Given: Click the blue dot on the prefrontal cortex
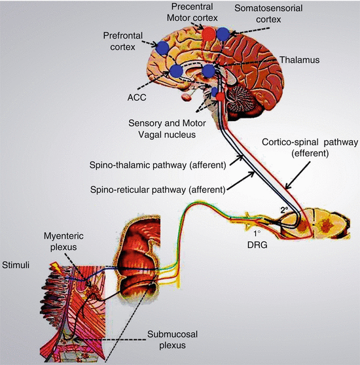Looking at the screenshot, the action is pos(162,48).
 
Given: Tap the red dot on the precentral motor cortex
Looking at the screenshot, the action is pos(208,34).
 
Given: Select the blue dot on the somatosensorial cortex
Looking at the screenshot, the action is pos(223,34).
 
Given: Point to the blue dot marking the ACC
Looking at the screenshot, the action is pos(176,71).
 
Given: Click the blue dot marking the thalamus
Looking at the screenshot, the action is pos(209,71).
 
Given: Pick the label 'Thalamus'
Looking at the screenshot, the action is pos(300,60).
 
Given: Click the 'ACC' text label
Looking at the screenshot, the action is pos(137,97).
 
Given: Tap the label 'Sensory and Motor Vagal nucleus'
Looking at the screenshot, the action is pos(167,129).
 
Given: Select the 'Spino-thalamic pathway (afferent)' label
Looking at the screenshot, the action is pos(158,165).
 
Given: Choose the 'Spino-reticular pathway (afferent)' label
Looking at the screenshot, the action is pos(158,190).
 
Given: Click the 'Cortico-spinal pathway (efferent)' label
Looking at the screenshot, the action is pos(310,148).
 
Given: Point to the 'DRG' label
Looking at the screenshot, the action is pos(257,245).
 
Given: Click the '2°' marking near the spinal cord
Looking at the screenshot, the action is pos(284,210).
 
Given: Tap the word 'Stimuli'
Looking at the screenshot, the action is pos(16,265).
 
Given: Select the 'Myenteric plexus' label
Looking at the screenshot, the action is pos(63,241).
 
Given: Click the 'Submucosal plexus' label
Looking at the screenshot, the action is pos(172,339).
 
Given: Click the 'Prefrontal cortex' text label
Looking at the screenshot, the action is pos(122,41).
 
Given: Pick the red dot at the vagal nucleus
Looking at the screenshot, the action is pos(219,96).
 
